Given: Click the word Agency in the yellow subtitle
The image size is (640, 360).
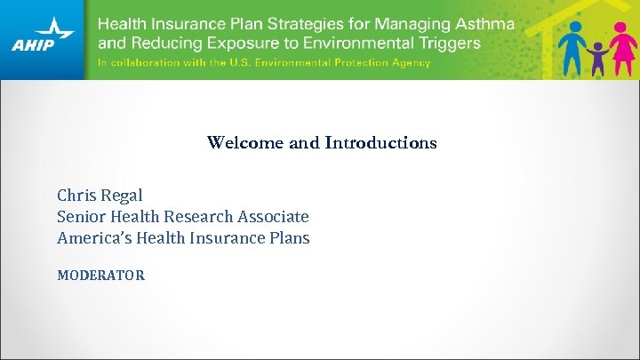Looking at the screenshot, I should [x=411, y=63].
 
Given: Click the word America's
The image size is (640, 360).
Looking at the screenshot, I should [x=93, y=237].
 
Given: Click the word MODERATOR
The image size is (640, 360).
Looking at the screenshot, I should [x=100, y=275].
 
